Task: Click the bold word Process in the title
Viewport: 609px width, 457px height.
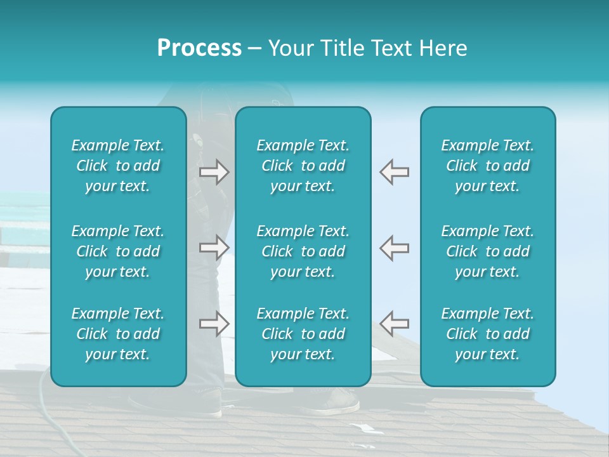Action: [199, 48]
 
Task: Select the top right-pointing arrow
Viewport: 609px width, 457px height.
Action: [214, 172]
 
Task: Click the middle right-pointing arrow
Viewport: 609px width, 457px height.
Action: [214, 248]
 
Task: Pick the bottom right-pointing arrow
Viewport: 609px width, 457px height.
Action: [214, 324]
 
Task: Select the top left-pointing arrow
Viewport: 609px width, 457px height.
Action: [394, 172]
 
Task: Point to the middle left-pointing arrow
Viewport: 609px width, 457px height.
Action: [394, 248]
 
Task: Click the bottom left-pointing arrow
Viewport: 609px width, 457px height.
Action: [394, 324]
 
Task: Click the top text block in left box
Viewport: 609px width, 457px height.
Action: [118, 166]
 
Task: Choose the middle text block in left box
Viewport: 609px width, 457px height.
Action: [118, 251]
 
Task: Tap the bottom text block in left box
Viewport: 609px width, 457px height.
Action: [118, 334]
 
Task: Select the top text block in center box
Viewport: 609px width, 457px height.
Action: [303, 166]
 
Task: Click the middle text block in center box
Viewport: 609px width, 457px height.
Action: [303, 251]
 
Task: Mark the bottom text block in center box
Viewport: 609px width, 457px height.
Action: [303, 334]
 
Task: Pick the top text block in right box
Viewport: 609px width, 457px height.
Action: [487, 166]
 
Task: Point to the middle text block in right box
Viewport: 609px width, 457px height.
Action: [487, 251]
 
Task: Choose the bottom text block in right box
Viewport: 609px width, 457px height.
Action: [487, 334]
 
